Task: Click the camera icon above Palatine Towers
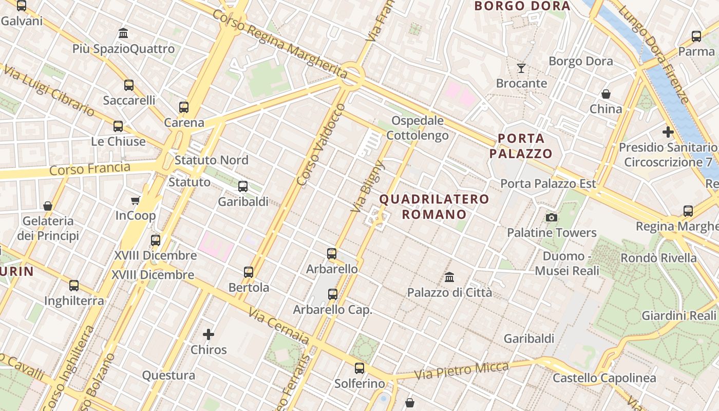click(552, 217)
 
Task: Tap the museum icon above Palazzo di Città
click(449, 277)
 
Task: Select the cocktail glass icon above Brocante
click(521, 68)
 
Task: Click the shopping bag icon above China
click(606, 94)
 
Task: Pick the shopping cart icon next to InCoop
click(136, 200)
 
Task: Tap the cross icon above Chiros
click(209, 334)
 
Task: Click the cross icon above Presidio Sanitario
click(668, 132)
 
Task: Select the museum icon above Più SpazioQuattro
click(123, 33)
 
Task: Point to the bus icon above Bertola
click(249, 272)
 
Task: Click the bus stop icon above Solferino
click(359, 368)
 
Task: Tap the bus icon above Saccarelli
click(129, 85)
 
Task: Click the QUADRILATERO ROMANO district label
click(434, 207)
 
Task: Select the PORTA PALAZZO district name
click(521, 146)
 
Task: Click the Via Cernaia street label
click(279, 326)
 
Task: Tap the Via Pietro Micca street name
click(462, 371)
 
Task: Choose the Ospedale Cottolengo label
click(417, 128)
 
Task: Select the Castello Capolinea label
click(604, 379)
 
